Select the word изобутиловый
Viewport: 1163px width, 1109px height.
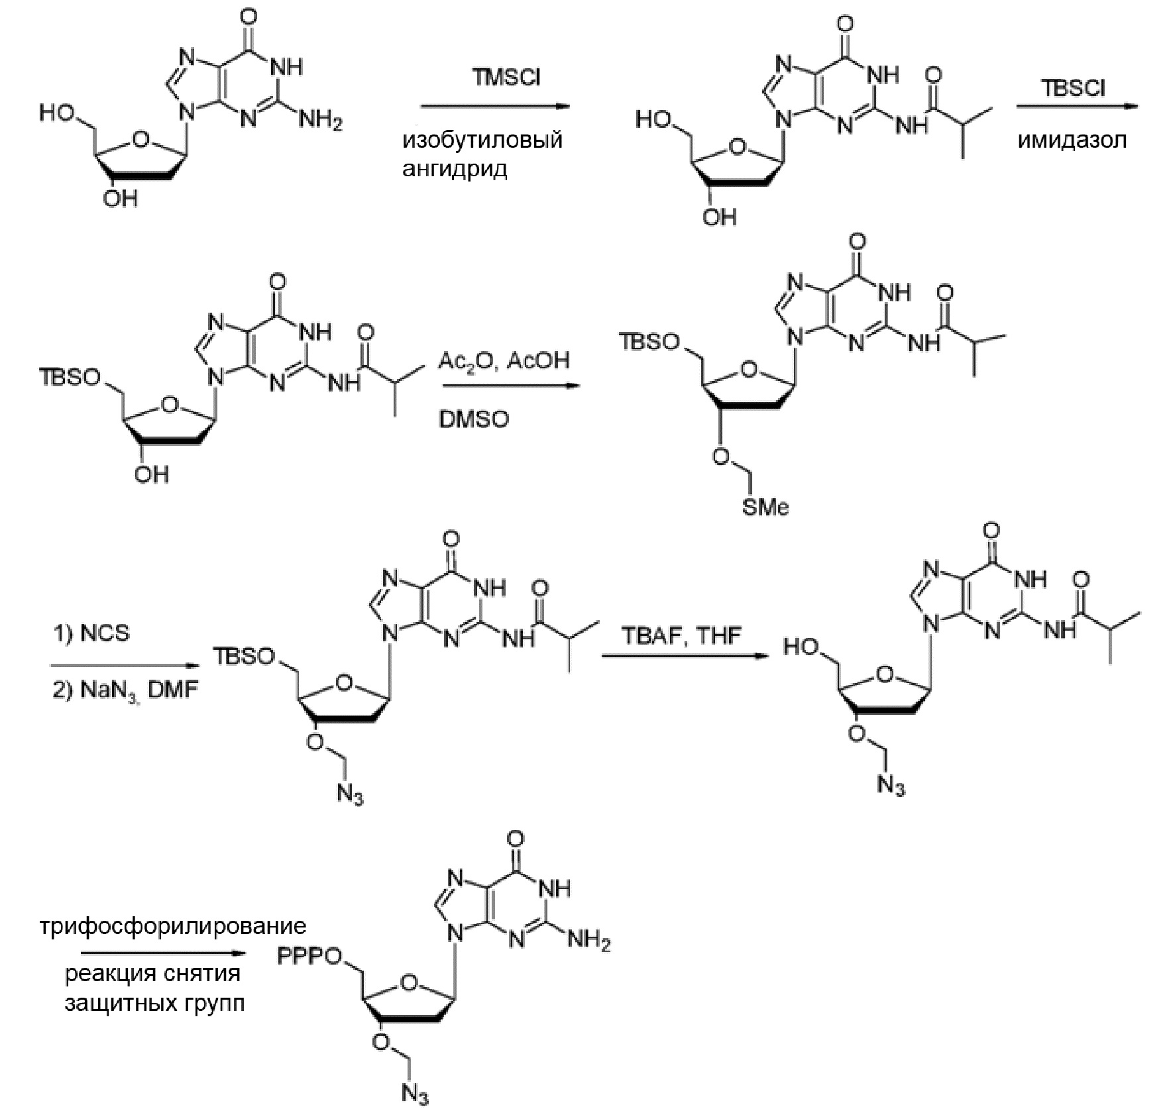[482, 140]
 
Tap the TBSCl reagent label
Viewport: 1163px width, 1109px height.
[1074, 87]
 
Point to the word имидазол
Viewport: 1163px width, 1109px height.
[1072, 140]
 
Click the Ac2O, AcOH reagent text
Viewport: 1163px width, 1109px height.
[504, 361]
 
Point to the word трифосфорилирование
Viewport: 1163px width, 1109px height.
[172, 925]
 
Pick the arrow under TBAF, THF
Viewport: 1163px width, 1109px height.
[681, 657]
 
